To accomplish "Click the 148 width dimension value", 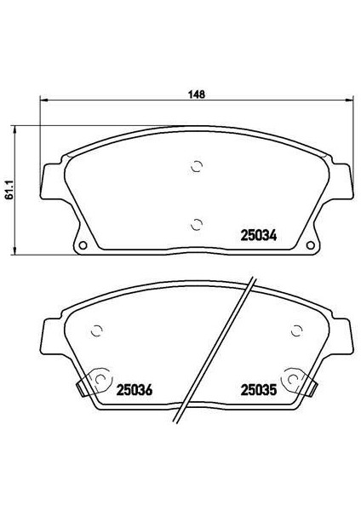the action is point(197,95).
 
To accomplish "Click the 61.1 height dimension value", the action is point(9,191).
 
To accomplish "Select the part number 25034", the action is point(258,235).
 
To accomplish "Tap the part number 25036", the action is point(135,390).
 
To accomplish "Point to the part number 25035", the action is point(258,390).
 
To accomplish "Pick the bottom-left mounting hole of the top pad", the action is point(83,245).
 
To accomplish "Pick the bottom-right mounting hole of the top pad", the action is point(311,245).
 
